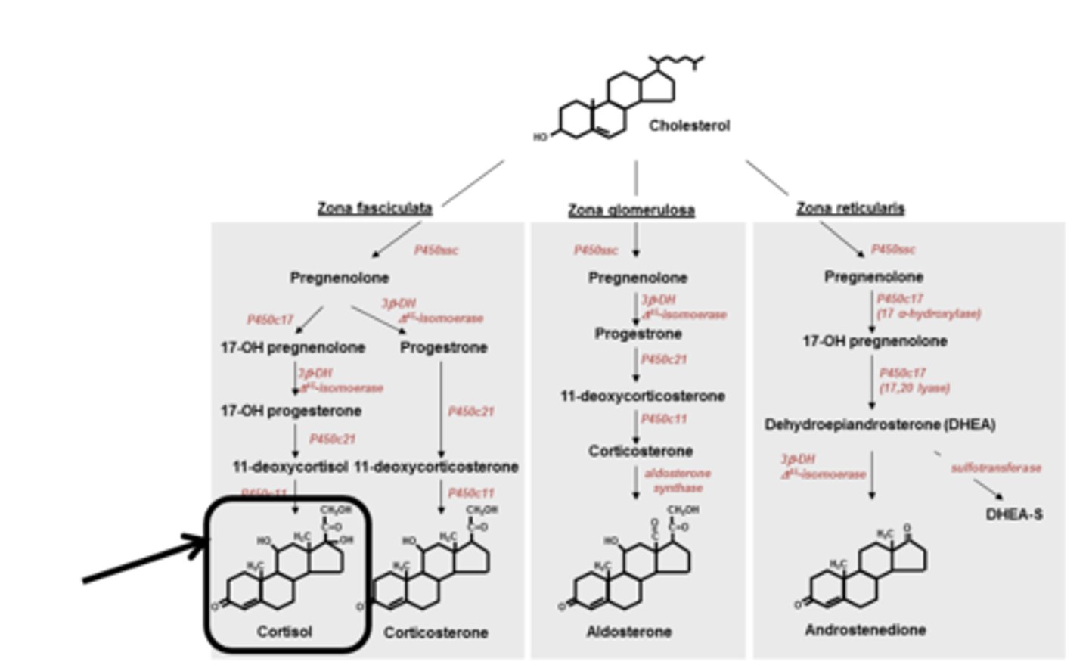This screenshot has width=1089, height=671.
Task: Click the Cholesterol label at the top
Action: coord(689,126)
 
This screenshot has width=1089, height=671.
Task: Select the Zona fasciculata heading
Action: coord(374,208)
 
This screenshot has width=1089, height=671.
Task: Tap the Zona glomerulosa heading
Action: coord(631,210)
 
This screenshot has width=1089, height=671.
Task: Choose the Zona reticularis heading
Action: coord(850,208)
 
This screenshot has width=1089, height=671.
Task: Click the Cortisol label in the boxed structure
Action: coord(284,631)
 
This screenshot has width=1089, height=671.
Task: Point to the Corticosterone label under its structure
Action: coord(436,632)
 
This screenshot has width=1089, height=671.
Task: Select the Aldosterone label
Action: coord(628,632)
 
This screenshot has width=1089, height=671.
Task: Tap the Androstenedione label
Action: coord(865,629)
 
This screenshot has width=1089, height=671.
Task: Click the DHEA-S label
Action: coord(1013,514)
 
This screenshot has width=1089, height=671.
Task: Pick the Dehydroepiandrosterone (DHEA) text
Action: coord(880,424)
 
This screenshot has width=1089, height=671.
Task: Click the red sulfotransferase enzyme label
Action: coord(996,468)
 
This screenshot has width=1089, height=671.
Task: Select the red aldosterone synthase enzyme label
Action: coord(678,480)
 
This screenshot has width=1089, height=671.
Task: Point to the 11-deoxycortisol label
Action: coord(290,467)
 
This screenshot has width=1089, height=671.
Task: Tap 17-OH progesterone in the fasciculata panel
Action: coord(291,411)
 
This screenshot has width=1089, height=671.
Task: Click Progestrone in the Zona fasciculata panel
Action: coord(443,348)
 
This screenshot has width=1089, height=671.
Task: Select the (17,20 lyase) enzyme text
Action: coord(914,387)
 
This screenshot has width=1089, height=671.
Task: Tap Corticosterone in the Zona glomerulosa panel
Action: coord(641,451)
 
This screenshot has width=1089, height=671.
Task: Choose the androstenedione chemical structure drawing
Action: coord(866,571)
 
